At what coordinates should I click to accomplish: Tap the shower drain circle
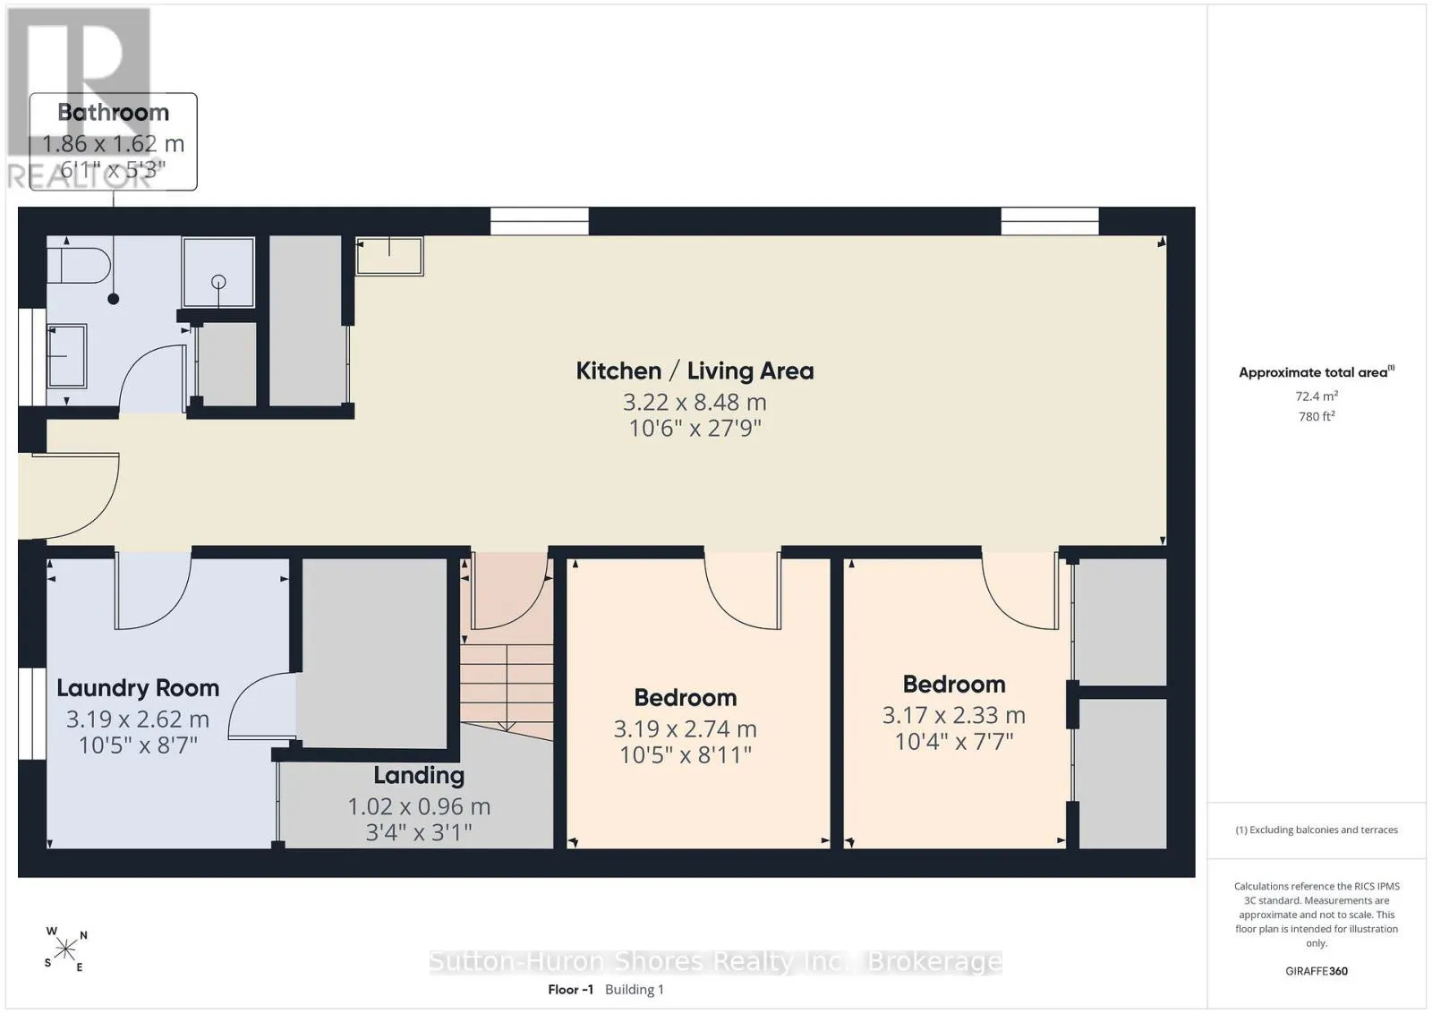pos(218,281)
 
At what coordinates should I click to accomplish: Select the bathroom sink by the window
pos(67,356)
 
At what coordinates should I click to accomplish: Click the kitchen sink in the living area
pos(389,256)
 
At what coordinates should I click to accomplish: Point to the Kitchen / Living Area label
pos(695,370)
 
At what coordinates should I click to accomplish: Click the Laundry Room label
pos(138,687)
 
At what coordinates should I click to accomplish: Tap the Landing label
pos(419,775)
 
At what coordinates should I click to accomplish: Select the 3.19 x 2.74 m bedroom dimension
pos(686,728)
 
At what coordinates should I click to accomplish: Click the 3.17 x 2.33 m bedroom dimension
pos(954,715)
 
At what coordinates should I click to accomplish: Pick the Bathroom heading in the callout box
pos(113,113)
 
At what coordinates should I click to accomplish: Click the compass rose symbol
pos(66,949)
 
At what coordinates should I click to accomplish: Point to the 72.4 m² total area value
pos(1317,396)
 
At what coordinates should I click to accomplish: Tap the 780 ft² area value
pos(1317,416)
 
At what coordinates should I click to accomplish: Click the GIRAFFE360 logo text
pos(1317,971)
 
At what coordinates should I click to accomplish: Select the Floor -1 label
pos(570,990)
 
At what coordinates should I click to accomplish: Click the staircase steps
pos(507,687)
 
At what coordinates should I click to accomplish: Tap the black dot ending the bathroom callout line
pos(113,299)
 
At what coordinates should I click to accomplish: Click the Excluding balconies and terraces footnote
pos(1317,830)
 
